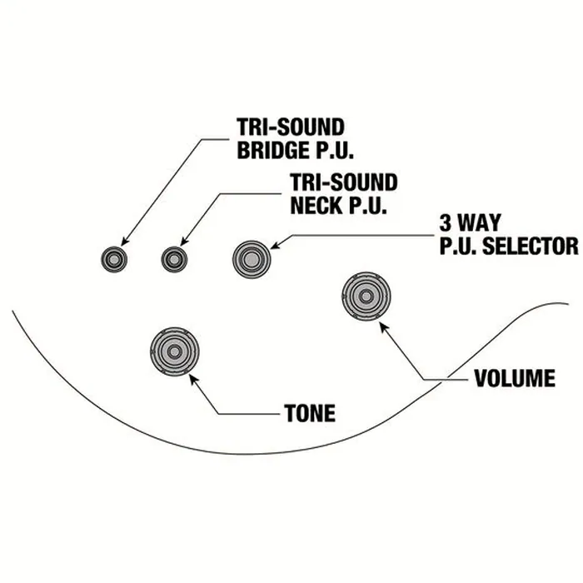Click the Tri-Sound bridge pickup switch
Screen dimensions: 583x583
click(114, 259)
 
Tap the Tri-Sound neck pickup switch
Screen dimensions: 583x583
click(174, 259)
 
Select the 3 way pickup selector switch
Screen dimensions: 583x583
click(252, 259)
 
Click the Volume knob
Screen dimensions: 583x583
click(366, 296)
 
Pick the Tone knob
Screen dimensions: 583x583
click(174, 351)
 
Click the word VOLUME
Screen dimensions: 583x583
click(515, 378)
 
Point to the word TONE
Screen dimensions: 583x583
click(310, 413)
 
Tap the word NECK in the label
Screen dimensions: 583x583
click(316, 205)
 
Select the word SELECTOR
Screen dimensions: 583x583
click(531, 246)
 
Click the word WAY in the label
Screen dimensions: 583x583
click(479, 222)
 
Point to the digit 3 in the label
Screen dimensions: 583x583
click(445, 222)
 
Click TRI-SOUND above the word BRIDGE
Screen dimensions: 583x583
click(291, 127)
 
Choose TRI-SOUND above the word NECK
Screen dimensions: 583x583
click(344, 182)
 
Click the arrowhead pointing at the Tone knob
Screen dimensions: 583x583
click(193, 379)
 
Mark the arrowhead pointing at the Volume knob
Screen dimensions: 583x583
click(384, 327)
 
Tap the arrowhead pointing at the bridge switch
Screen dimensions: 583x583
click(125, 241)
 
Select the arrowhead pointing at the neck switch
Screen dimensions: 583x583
click(184, 241)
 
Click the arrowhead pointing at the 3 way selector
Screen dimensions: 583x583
click(277, 245)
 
